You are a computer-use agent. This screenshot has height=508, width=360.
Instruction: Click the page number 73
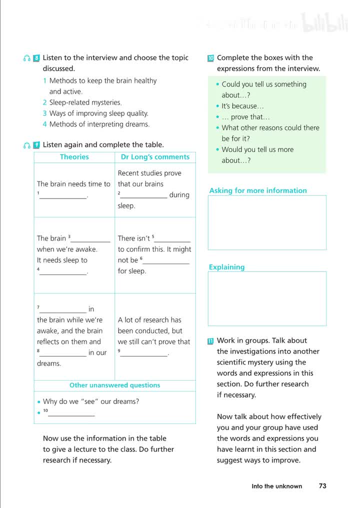tap(322, 486)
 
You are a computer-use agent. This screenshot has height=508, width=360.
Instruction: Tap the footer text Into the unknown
tap(276, 486)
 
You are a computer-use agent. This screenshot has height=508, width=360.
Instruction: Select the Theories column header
tap(74, 157)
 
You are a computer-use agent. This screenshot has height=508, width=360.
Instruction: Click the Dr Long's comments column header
tap(155, 157)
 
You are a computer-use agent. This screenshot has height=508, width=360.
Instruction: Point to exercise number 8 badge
tap(36, 58)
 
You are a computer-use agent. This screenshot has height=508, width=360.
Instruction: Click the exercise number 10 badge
tap(210, 58)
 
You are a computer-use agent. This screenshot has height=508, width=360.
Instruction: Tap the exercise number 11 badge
tap(210, 341)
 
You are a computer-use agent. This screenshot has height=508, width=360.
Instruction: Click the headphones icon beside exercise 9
tap(27, 145)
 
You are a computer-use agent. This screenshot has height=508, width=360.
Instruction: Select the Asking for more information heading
tap(258, 190)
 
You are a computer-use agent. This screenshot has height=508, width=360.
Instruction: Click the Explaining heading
tap(226, 267)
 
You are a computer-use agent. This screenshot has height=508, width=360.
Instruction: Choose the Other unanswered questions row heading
tap(114, 385)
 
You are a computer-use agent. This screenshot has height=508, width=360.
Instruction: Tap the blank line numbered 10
tap(71, 413)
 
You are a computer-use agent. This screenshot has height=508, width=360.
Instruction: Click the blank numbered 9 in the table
tap(143, 353)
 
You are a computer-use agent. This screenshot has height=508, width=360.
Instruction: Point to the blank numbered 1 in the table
tap(63, 196)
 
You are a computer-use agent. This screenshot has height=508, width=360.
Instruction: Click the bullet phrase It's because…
tap(242, 106)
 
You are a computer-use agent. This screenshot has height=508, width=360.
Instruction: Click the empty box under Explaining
tap(267, 298)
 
